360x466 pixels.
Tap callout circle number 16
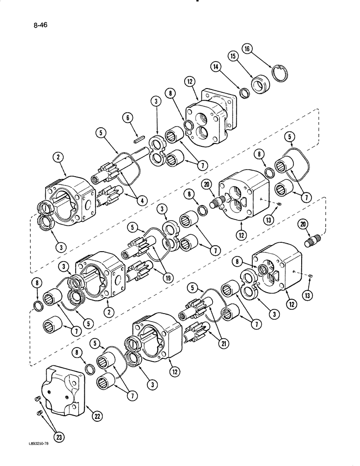(248, 48)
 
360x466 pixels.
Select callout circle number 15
(232, 56)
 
